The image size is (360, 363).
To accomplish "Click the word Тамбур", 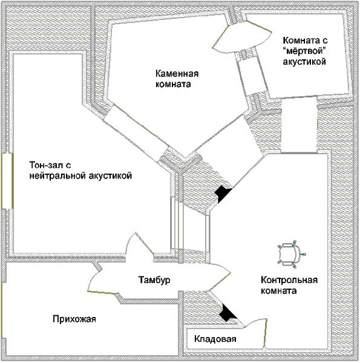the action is pos(154,280).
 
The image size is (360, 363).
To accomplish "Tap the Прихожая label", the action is pos(74,319).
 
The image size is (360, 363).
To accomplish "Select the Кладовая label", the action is pos(215,339).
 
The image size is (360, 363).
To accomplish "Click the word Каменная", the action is pos(177,74).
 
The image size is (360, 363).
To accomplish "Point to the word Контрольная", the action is pos(289,280).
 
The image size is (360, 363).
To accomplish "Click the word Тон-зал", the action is pos(50,165).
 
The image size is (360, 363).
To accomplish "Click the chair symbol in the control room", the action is pos(291,254).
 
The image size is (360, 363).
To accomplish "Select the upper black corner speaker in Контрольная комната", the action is pos(223,194).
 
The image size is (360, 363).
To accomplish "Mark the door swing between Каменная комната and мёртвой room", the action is pos(241,36).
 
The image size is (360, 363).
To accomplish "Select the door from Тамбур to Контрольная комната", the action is pos(220,276).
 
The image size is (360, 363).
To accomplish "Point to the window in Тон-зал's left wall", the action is pos(7,181).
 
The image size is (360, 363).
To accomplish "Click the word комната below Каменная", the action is pos(173,84).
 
